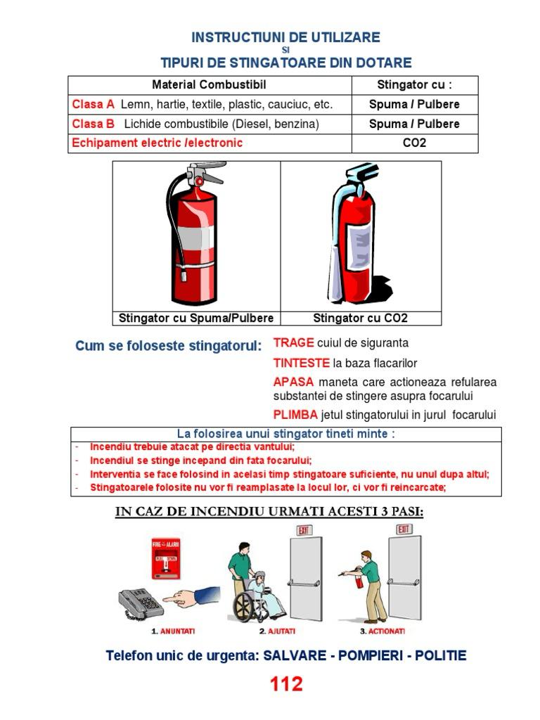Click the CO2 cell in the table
click(414, 143)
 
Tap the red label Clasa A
click(94, 105)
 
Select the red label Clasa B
click(94, 124)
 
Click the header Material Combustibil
click(209, 85)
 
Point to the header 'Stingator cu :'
click(414, 85)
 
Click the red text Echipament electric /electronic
click(157, 143)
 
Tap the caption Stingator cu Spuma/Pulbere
click(196, 318)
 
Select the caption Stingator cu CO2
click(360, 318)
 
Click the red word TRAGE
click(293, 343)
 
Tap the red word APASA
click(293, 382)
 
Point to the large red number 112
click(286, 683)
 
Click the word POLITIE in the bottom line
click(440, 656)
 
